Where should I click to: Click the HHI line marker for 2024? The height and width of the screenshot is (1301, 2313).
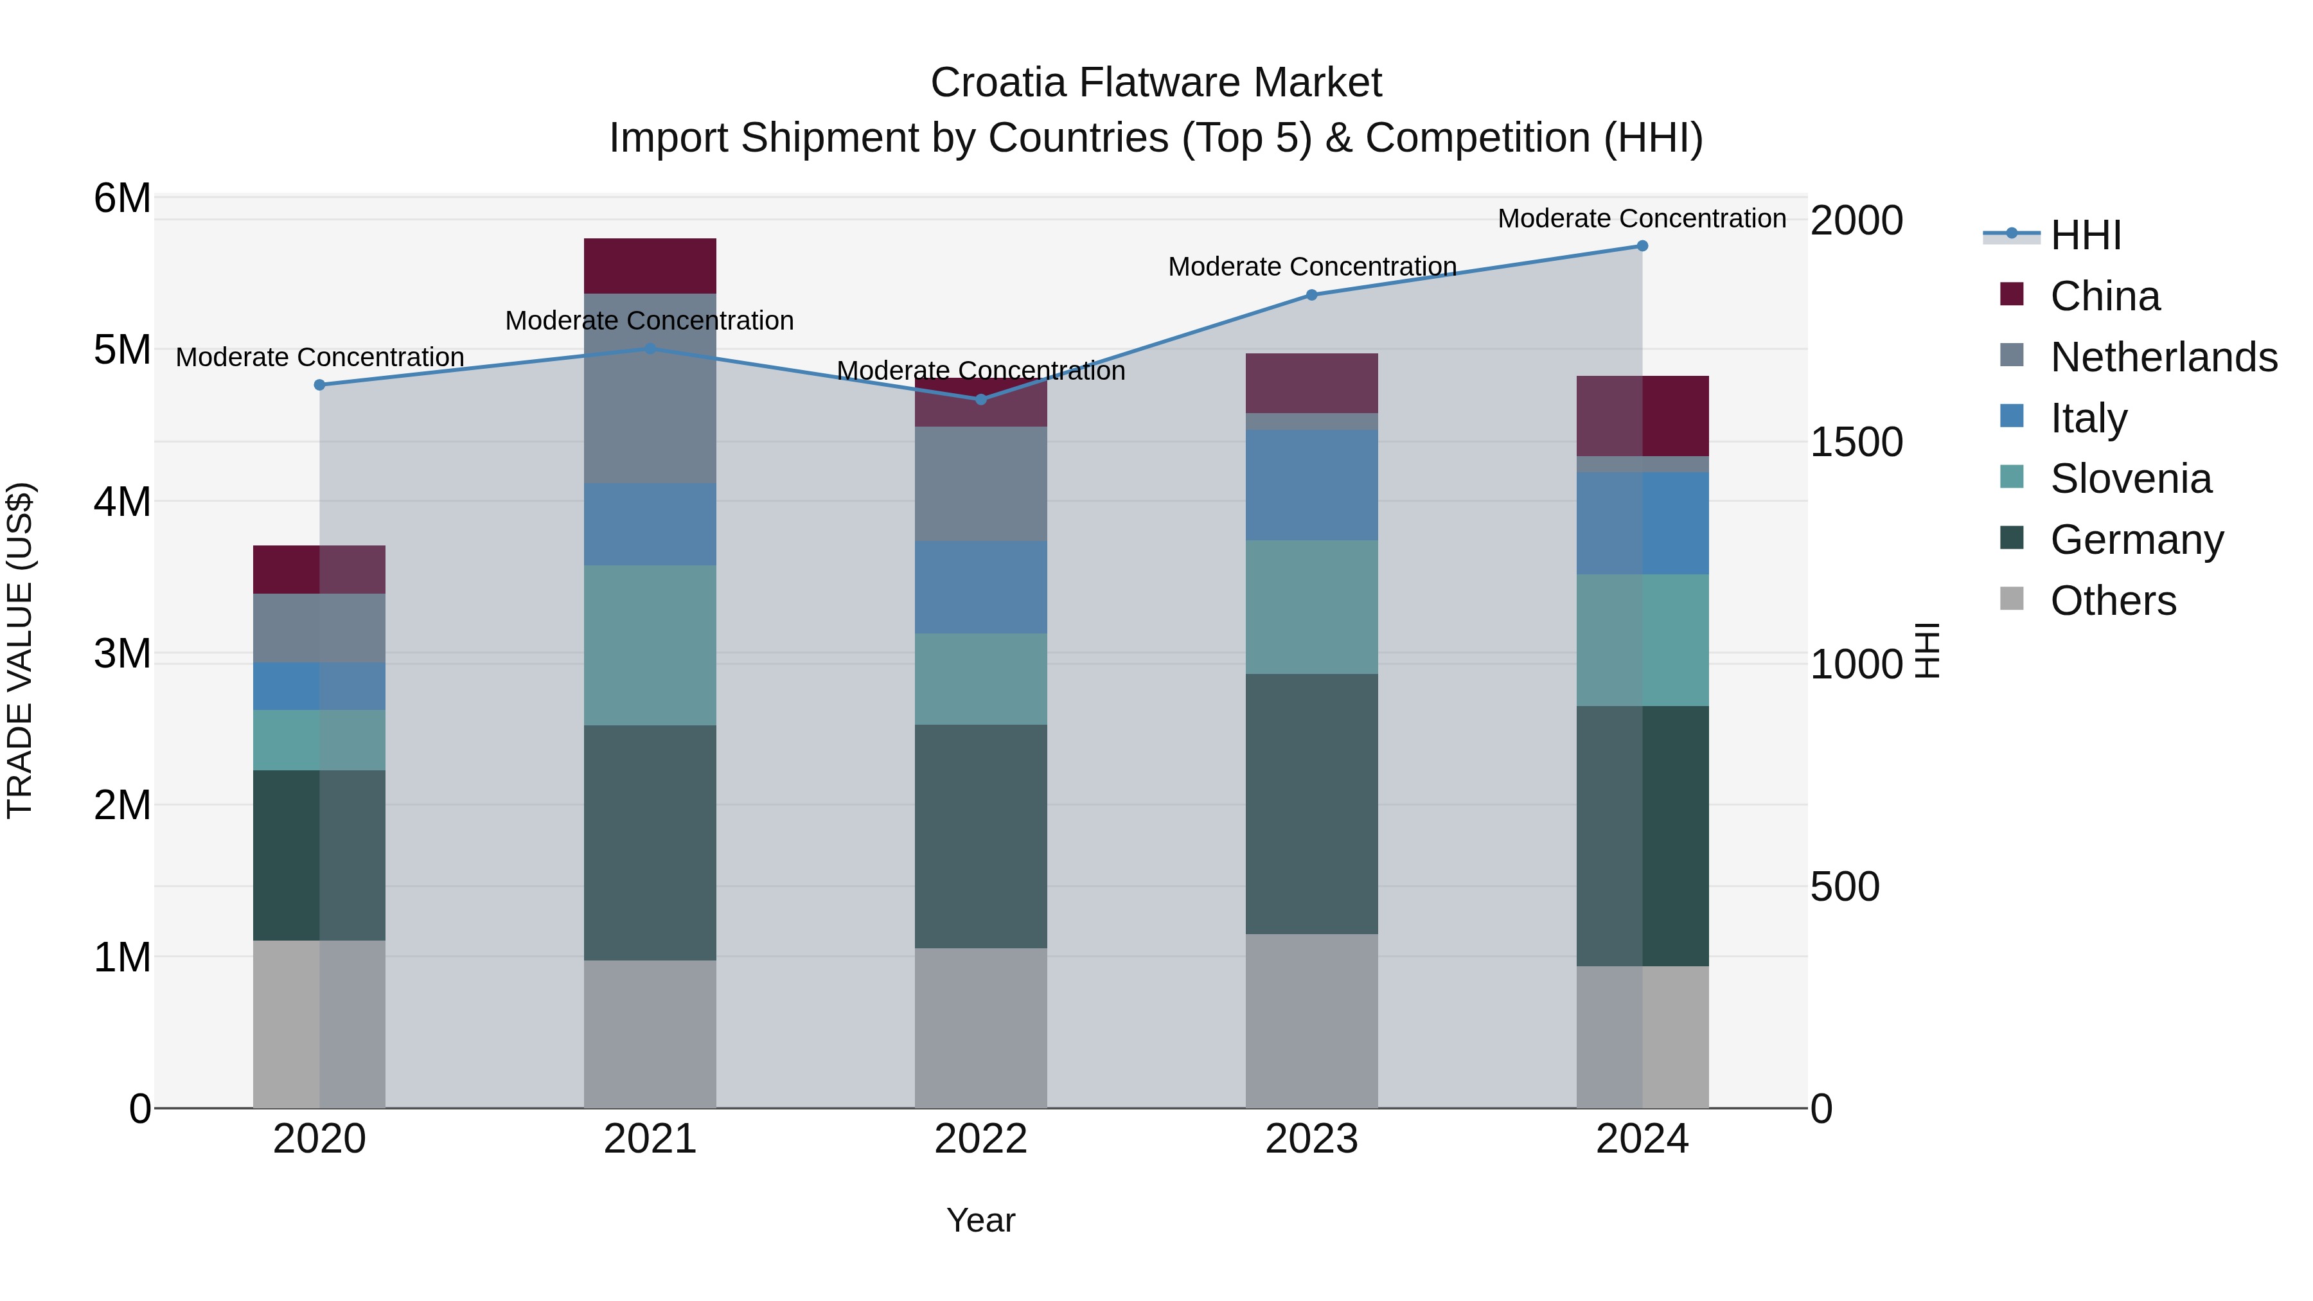(x=1642, y=246)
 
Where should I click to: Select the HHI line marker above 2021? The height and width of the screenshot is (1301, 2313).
(x=650, y=348)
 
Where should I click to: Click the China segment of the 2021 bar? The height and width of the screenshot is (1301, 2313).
(x=650, y=266)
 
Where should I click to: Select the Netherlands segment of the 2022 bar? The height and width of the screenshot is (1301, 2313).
(x=980, y=483)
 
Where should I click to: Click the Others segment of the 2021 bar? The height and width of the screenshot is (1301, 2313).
(x=650, y=1034)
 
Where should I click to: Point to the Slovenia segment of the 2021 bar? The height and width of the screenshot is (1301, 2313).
(x=650, y=644)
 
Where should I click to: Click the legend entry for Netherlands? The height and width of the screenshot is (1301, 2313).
(x=2163, y=357)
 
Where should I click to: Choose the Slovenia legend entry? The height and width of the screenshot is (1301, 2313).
(x=2130, y=479)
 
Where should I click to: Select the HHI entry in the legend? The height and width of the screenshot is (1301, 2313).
(x=2085, y=235)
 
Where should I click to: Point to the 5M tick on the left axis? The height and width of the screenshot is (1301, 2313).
(x=122, y=350)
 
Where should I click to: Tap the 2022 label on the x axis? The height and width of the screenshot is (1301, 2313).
(x=980, y=1139)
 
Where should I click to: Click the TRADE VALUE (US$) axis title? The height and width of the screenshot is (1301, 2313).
(x=20, y=650)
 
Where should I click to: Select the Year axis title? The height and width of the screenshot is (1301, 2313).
(x=980, y=1220)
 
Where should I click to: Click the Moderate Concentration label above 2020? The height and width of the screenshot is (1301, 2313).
(x=320, y=357)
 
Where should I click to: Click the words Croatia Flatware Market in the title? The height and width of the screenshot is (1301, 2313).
(x=1156, y=83)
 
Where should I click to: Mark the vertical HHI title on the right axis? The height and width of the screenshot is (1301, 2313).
(x=1927, y=650)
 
